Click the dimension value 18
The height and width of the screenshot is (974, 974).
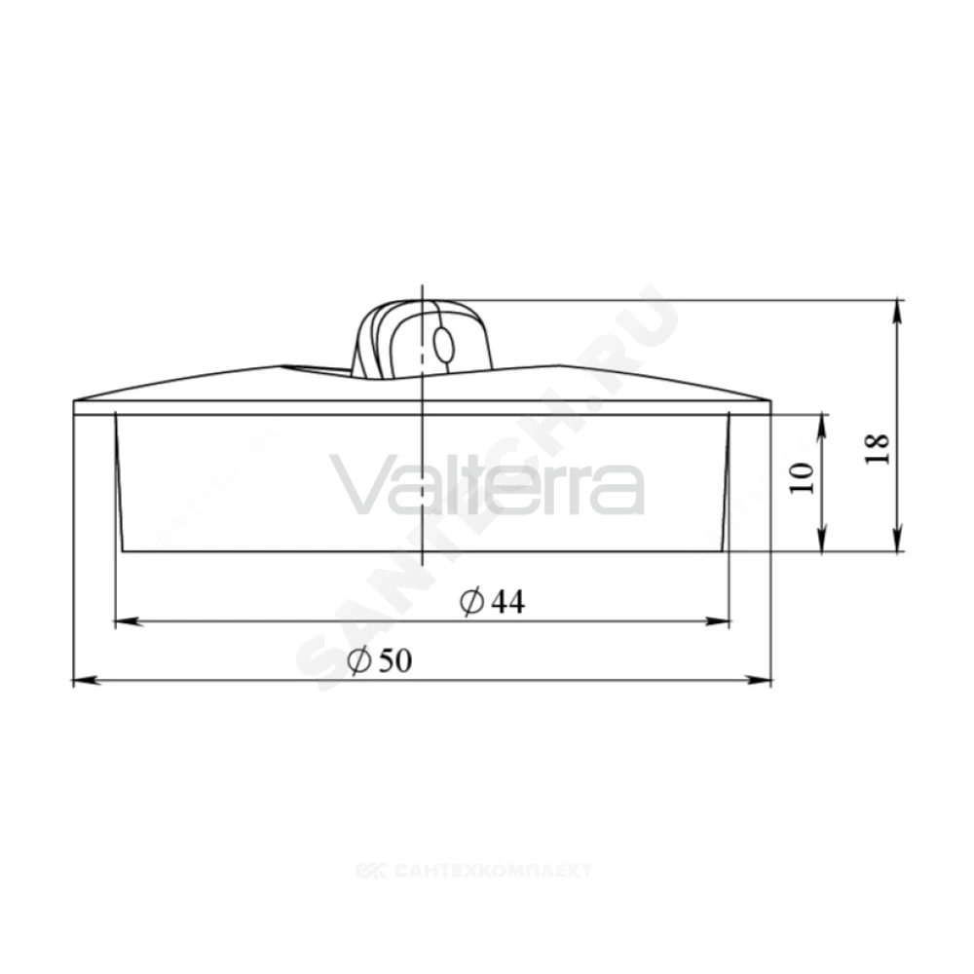878,448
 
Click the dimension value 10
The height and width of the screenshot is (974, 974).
802,477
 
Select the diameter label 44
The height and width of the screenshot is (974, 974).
508,602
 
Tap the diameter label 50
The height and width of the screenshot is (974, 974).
395,660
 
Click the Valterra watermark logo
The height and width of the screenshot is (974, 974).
486,484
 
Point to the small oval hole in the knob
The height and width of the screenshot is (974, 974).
443,345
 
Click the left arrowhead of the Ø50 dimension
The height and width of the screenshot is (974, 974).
87,681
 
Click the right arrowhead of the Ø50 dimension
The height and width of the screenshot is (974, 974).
759,681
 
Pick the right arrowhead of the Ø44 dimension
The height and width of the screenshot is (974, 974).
716,620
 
